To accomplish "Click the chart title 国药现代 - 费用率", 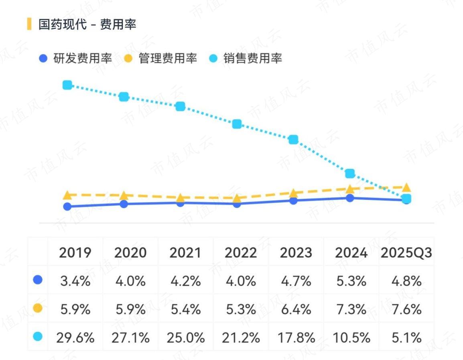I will pos(87,24).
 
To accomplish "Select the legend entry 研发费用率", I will pos(75,58).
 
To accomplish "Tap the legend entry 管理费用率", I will pos(160,58).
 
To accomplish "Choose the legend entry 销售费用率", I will pos(246,58).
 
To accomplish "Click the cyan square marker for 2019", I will pos(67,85).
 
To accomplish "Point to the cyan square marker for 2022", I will pos(237,124).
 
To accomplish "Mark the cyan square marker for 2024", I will pos(350,173).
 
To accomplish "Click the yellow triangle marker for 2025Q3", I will pos(406,187).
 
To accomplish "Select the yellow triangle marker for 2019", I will pos(67,195).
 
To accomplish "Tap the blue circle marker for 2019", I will pos(67,207).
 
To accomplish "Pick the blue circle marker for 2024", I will pos(350,198).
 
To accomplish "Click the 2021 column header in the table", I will pos(185,252).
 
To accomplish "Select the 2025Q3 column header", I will pos(406,252).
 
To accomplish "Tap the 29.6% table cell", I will pos(75,338).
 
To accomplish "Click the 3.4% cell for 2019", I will pos(75,281).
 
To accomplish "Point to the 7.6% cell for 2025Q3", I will pos(406,309).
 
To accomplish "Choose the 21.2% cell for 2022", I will pos(241,338).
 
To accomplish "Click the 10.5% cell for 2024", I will pos(351,338).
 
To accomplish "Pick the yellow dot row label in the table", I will pos(37,308).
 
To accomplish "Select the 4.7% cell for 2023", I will pos(296,281).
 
